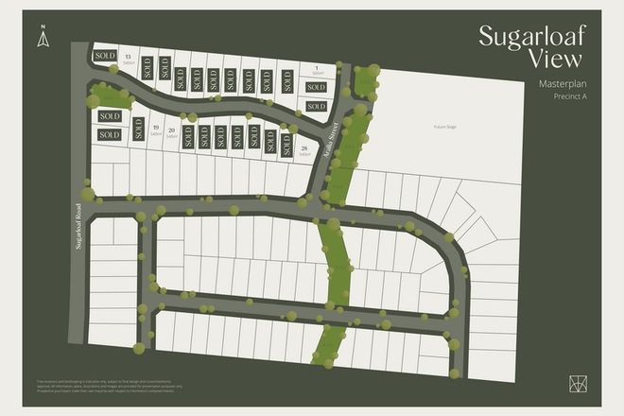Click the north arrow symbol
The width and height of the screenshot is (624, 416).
pos(42,38)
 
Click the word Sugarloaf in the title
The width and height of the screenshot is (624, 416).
pos(531,38)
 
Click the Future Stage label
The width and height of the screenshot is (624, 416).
pos(445,126)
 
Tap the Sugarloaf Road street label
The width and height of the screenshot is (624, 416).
pos(79,228)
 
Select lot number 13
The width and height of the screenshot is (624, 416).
pos(128,58)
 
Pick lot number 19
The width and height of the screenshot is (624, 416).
pos(155,131)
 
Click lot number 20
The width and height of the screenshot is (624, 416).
pos(171,131)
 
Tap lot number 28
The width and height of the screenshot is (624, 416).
pos(303,148)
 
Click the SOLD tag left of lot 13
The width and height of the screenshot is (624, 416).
pos(104,57)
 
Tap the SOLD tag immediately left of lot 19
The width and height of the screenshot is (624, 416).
pos(139,130)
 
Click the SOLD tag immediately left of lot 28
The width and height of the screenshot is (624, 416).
pos(286,144)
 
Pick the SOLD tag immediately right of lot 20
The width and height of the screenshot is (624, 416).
pos(188,136)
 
